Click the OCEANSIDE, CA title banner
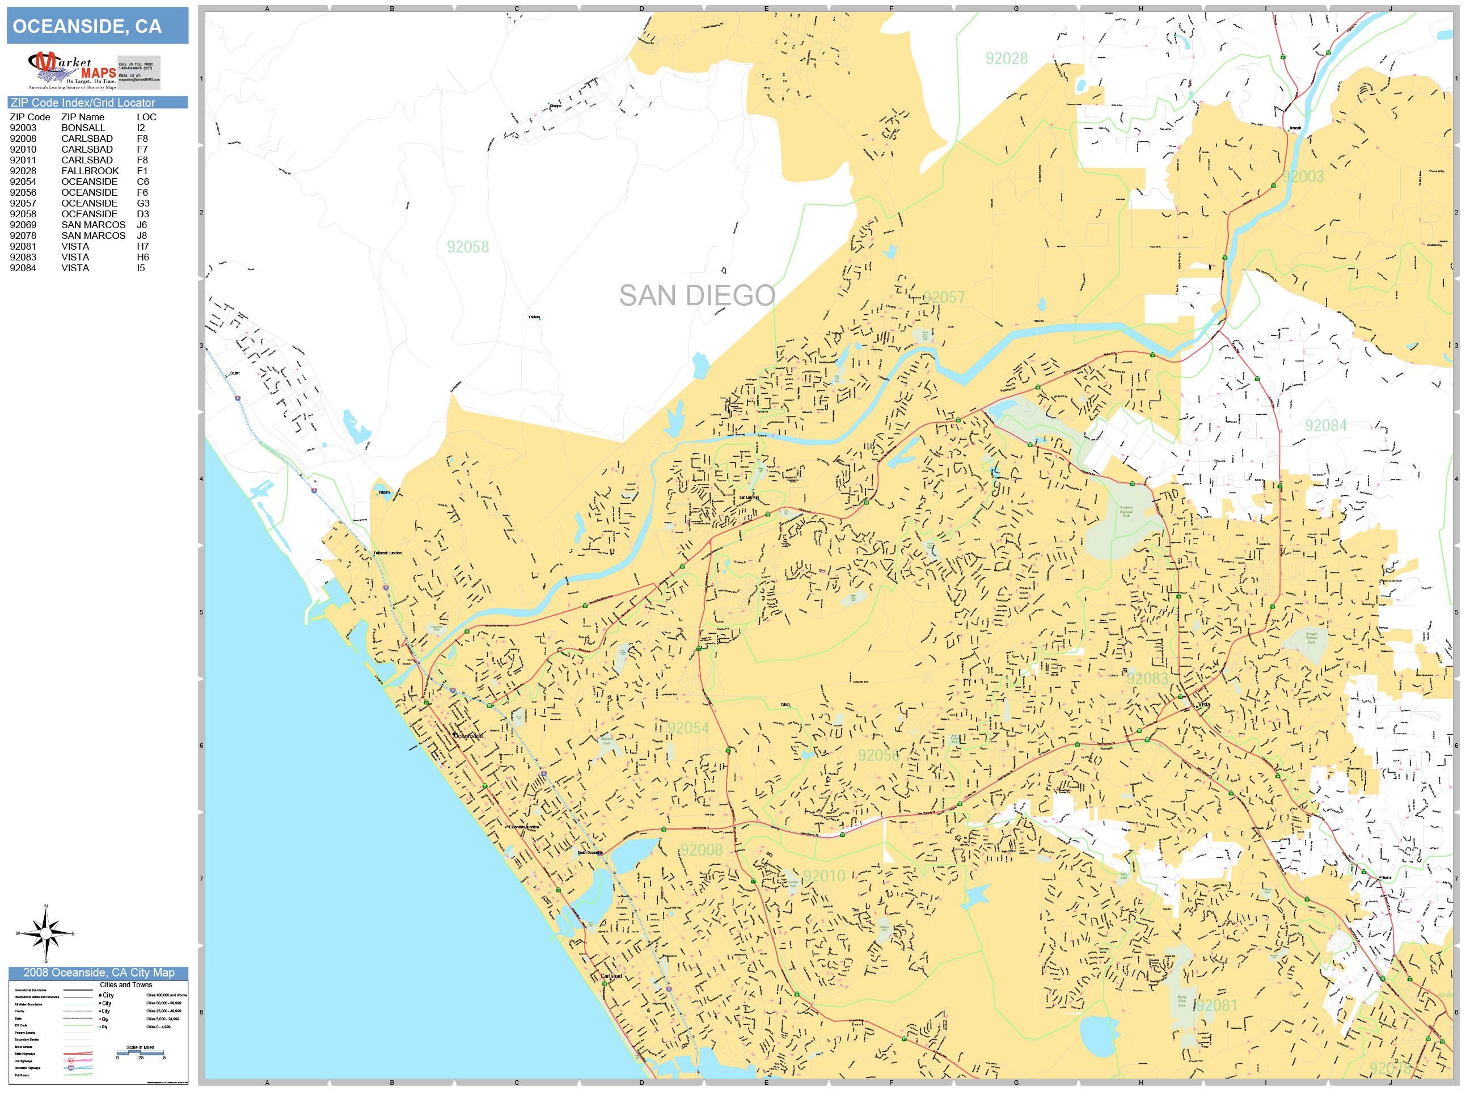coord(97,26)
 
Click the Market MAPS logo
coord(73,70)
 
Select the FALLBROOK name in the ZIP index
coord(90,171)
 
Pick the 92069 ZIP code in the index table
coord(23,225)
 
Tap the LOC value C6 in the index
coord(143,182)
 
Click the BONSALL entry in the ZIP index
coord(83,128)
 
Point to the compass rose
coord(45,933)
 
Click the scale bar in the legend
coord(140,1053)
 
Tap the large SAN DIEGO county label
coord(696,295)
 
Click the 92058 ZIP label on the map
coord(467,247)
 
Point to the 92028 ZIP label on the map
coord(1006,58)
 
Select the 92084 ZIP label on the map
coord(1325,426)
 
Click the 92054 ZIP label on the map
coord(688,728)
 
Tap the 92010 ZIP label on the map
coord(823,875)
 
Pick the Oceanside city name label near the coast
coord(468,736)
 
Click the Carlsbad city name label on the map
coord(611,976)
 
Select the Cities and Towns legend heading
coord(125,984)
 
